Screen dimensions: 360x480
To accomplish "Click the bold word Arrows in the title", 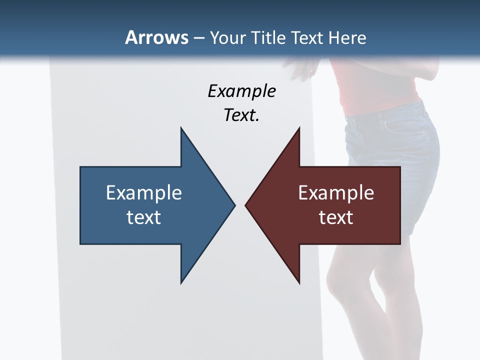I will (156, 37).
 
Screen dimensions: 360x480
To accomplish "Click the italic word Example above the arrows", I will (241, 91).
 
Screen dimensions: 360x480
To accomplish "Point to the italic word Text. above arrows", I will (241, 115).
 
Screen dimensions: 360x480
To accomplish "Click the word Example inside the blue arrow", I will (143, 192).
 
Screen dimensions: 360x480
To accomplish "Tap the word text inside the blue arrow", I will (143, 217).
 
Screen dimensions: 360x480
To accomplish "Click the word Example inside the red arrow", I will (336, 192).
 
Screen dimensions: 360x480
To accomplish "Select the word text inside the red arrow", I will (336, 217).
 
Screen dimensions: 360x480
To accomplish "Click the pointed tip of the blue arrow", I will (234, 205).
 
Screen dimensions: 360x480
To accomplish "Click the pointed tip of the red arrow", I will (246, 205).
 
